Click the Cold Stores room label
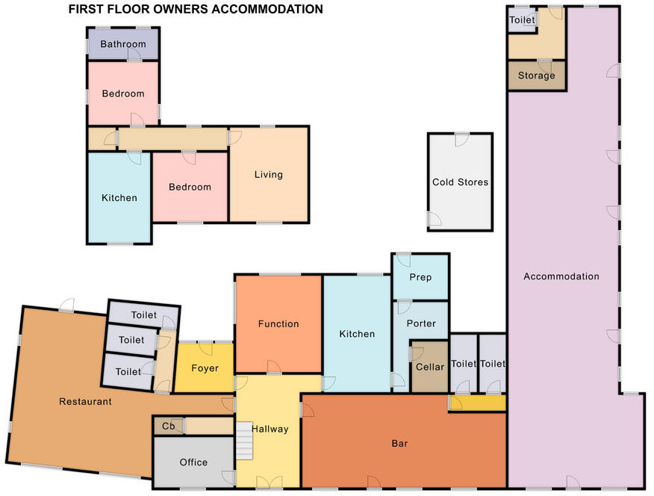point(461,182)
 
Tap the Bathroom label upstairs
point(123,45)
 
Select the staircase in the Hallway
point(246,441)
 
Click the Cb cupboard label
point(169,427)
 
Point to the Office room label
point(193,462)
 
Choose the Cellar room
point(429,368)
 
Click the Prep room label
point(420,277)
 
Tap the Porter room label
point(420,324)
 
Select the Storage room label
point(536,75)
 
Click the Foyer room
point(205,368)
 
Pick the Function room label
point(278,324)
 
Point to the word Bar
point(399,444)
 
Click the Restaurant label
point(85,402)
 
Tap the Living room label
point(268,175)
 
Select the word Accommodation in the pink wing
point(561,276)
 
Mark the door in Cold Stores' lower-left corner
point(433,220)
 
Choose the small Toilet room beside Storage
point(523,20)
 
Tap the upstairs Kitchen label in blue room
point(119,198)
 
